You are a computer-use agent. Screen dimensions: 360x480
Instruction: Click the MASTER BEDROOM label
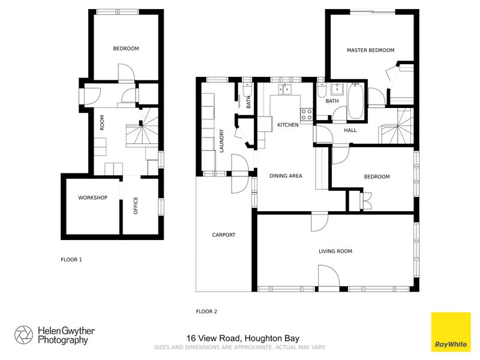370,50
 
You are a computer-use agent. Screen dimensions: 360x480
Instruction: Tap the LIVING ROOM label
335,251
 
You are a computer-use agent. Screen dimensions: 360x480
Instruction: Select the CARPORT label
223,235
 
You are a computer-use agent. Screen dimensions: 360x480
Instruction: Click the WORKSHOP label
92,198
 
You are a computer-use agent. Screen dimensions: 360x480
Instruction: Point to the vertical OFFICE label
136,206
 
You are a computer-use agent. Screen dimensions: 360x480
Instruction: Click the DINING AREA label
286,176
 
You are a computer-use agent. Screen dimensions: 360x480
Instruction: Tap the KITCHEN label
287,125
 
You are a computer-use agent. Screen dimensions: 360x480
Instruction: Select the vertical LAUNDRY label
222,141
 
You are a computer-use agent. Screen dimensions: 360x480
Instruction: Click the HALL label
350,130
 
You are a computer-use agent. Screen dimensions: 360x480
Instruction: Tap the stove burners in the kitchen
306,113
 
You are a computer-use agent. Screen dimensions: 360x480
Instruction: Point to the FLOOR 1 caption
71,260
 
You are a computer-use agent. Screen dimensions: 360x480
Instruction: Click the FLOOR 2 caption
206,311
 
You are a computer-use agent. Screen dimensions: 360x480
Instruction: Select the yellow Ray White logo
451,332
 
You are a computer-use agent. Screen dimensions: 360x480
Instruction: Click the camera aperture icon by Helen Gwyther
24,335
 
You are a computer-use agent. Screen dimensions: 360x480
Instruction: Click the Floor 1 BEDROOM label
126,49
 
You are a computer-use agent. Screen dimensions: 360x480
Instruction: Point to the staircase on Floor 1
144,132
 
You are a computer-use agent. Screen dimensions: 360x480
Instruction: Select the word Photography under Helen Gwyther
62,340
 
